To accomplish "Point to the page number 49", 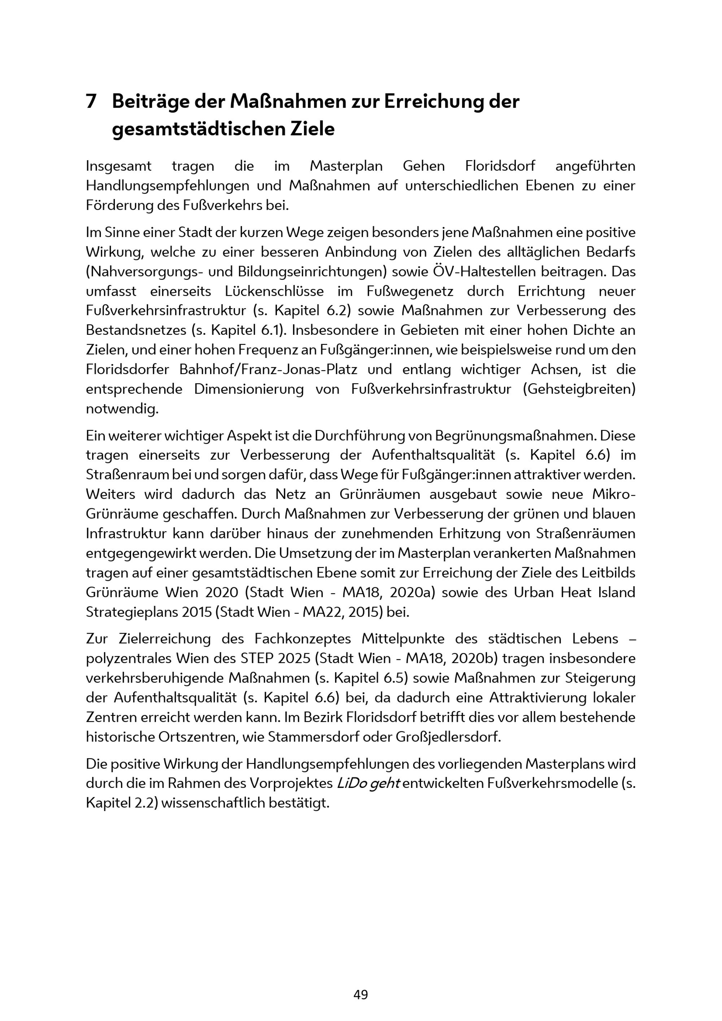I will (361, 994).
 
